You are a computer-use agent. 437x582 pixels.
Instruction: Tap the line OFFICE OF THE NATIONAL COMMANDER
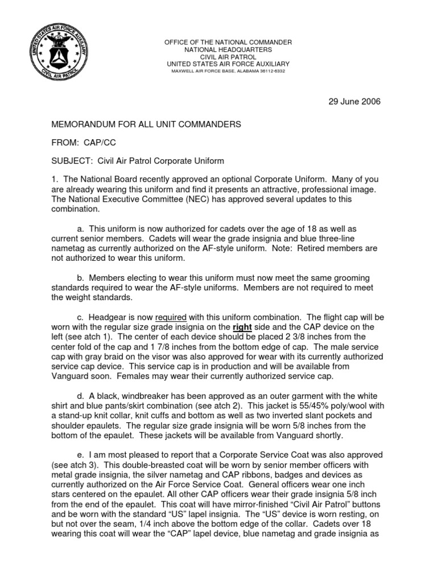(x=228, y=43)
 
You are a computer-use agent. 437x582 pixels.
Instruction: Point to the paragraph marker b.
(x=81, y=277)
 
